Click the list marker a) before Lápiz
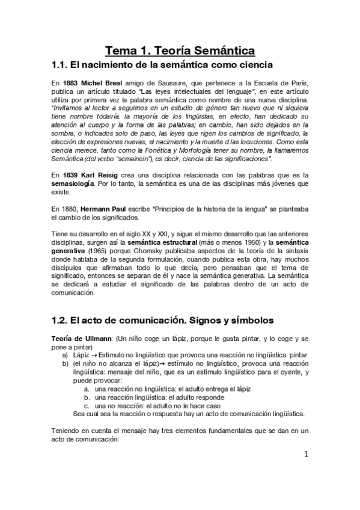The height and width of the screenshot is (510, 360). point(65,356)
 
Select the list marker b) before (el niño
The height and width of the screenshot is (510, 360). point(65,364)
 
